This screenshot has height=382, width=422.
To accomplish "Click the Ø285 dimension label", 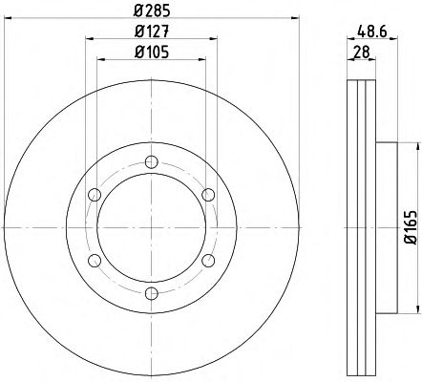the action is [x=152, y=11].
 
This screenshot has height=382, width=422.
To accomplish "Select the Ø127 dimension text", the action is [x=152, y=32].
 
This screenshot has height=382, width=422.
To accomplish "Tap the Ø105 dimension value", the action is [x=152, y=52].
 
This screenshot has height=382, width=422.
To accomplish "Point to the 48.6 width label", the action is [x=371, y=32].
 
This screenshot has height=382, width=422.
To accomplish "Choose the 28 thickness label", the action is [x=362, y=52].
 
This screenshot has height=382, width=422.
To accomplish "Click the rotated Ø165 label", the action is [x=411, y=227].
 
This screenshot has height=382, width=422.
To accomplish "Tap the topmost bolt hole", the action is [x=152, y=162].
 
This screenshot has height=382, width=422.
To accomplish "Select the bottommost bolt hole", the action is [x=152, y=293].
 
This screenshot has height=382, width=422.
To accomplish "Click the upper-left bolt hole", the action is [x=95, y=195].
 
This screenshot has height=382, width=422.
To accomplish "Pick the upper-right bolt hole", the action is [x=208, y=195].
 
